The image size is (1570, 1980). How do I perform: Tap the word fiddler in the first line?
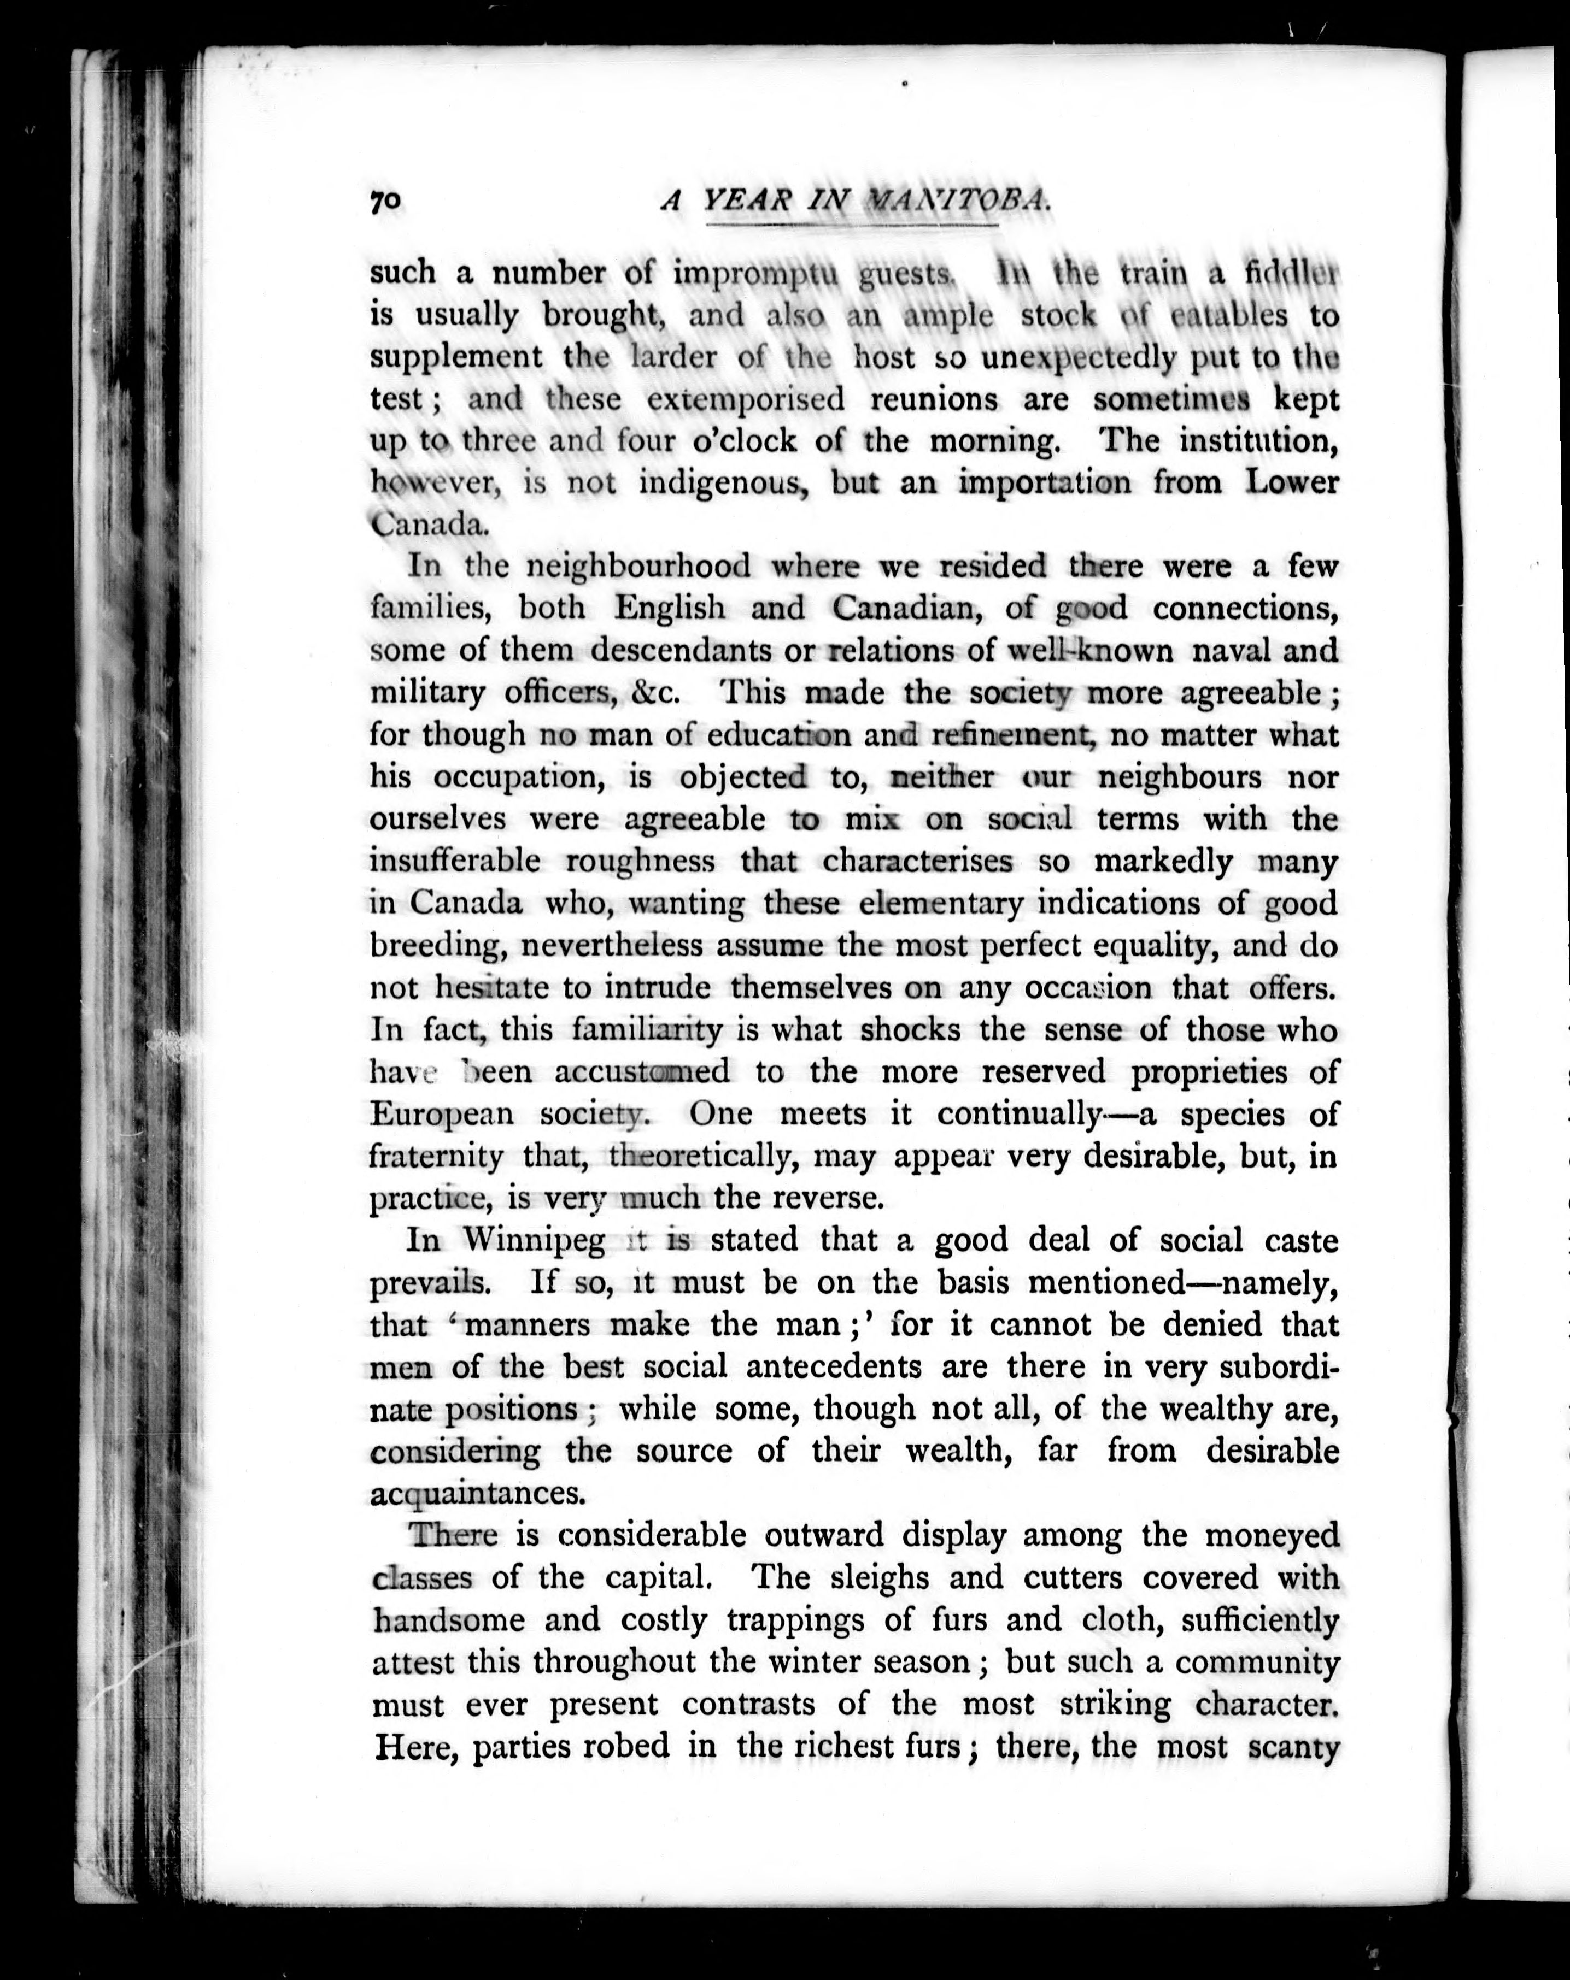pos(1291,274)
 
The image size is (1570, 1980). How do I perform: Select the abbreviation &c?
pos(655,692)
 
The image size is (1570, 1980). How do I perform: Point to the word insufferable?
pos(455,862)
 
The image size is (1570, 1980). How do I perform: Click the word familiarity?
pos(647,1029)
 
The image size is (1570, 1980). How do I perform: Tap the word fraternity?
pos(436,1156)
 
